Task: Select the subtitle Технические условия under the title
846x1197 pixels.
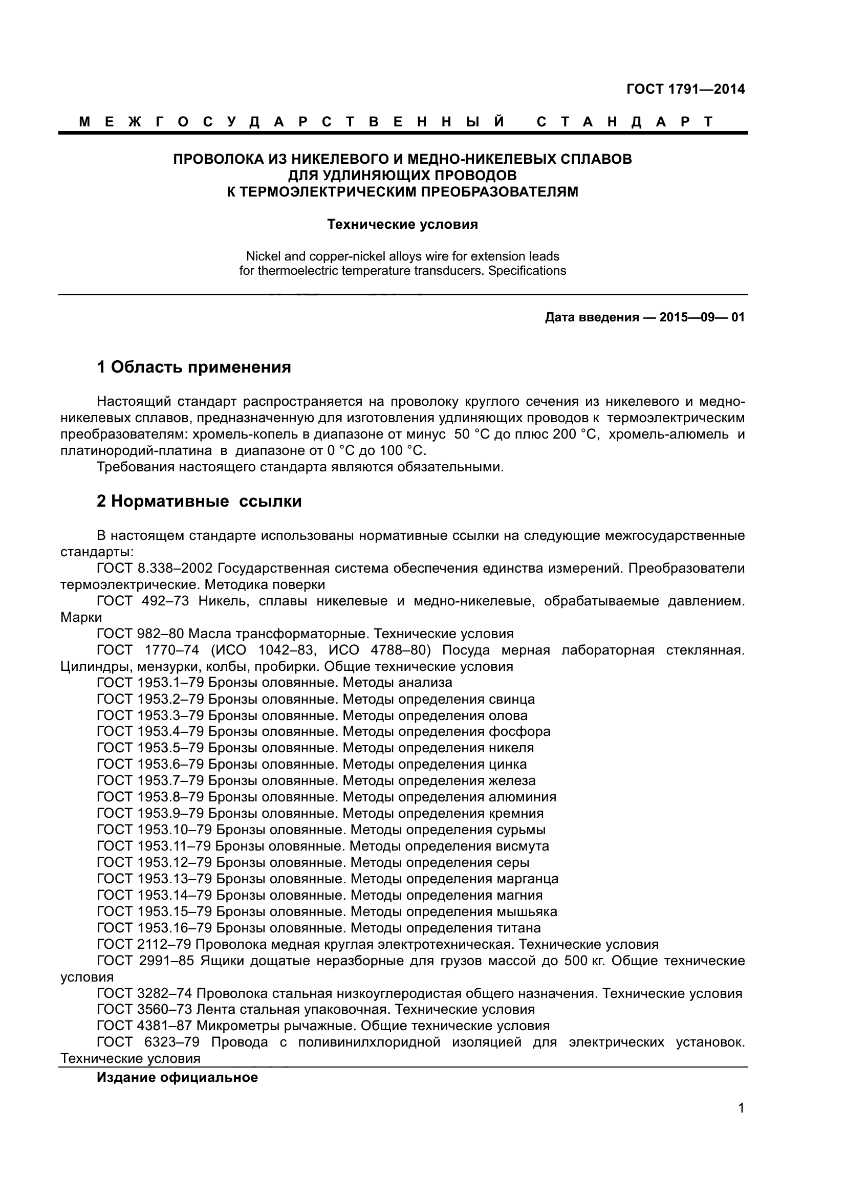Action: click(402, 224)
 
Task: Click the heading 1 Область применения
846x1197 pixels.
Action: click(194, 367)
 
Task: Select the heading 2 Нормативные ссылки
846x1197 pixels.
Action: click(199, 501)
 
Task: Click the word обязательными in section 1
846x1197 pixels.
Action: click(450, 467)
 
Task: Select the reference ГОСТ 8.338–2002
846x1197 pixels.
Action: click(155, 568)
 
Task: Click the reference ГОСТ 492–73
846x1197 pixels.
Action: click(143, 601)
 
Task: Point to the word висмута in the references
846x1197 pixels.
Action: click(523, 845)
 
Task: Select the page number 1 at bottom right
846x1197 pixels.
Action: click(741, 1122)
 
